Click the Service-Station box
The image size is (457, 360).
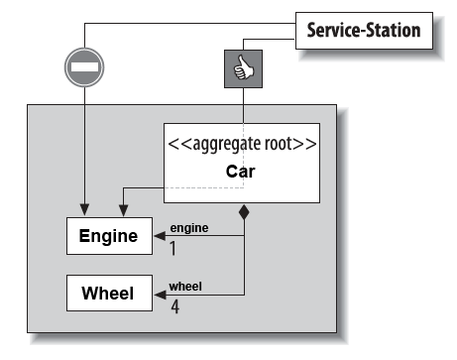[361, 30]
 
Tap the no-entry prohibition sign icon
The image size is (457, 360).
[83, 68]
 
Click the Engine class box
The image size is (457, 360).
[109, 236]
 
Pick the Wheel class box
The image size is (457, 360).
[109, 295]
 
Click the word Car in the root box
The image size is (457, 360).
[242, 171]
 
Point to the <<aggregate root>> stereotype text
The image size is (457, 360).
[242, 143]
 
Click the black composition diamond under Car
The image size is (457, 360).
[244, 211]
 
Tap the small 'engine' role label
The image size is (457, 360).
[188, 227]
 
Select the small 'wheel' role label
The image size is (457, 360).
[185, 286]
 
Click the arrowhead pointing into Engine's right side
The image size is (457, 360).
[160, 236]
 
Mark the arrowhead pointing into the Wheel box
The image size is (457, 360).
[160, 295]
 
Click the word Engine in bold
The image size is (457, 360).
[109, 236]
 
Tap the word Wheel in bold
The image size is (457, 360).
[109, 295]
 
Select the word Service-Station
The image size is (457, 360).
[361, 30]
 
